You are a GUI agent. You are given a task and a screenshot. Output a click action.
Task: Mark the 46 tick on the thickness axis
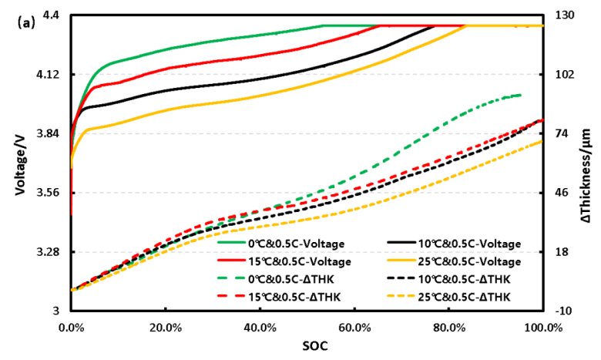click(x=562, y=193)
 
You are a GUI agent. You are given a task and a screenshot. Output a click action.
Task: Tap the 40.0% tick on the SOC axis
click(x=260, y=326)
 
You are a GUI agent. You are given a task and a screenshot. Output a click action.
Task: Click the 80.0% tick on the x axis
click(x=449, y=326)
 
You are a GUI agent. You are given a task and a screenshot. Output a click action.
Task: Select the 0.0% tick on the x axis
click(x=71, y=326)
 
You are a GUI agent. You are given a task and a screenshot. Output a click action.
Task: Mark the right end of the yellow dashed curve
click(x=543, y=140)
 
